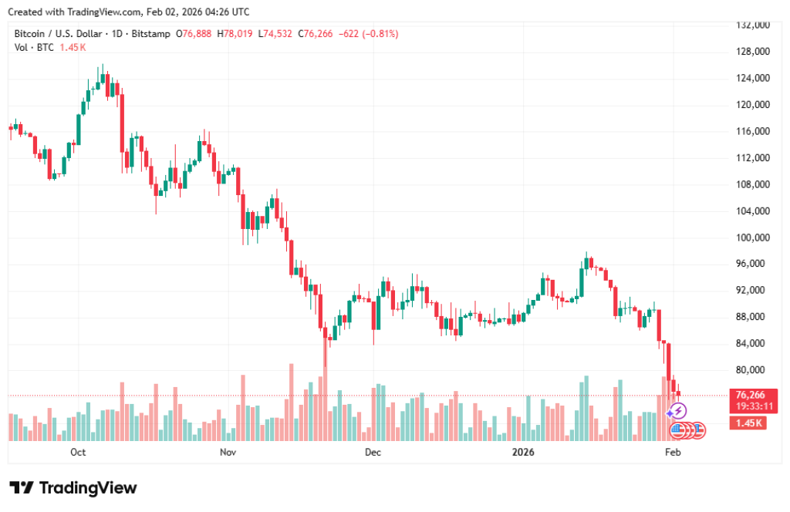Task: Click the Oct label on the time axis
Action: coord(77,452)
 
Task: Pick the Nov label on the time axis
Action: coord(227,452)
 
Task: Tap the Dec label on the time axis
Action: coord(373,452)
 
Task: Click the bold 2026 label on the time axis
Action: coord(524,452)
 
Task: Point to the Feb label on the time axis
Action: coord(673,452)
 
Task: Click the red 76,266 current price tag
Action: coord(751,395)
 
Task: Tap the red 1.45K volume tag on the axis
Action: coord(749,423)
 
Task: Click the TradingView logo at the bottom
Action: coord(73,488)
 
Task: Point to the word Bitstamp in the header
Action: coord(154,34)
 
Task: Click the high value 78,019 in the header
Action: coord(236,34)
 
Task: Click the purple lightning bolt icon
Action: coord(679,412)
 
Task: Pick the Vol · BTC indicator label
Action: coord(34,47)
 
